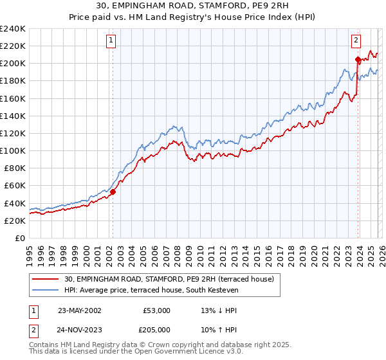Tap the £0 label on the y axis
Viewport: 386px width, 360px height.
[19, 238]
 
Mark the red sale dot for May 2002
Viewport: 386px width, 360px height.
[113, 191]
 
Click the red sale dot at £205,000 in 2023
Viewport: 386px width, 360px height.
[357, 59]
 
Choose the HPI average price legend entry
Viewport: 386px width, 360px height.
[151, 291]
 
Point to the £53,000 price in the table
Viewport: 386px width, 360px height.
[156, 310]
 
